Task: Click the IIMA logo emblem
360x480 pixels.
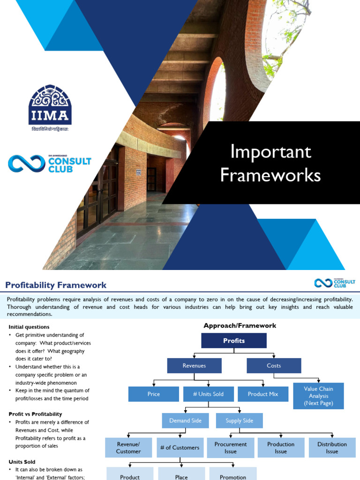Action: (50, 104)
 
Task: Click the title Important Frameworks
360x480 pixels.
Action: (270, 163)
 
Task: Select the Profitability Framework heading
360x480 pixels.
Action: (56, 285)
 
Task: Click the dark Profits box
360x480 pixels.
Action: (234, 341)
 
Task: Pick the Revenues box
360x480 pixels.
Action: (194, 366)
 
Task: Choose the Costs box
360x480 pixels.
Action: (274, 366)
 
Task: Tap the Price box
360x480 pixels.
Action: (154, 394)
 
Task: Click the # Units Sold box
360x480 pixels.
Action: (208, 394)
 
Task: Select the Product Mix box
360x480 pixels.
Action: (263, 394)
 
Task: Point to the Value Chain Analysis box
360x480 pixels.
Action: (318, 396)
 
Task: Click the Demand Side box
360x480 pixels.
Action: (186, 420)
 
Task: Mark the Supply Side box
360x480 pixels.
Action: (240, 420)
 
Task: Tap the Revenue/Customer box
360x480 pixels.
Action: (128, 448)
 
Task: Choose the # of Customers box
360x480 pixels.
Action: (180, 448)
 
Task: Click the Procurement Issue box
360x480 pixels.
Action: (230, 448)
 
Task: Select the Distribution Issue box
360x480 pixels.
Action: (332, 448)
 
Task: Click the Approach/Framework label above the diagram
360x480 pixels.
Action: (240, 325)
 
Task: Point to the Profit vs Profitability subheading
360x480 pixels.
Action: (35, 414)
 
